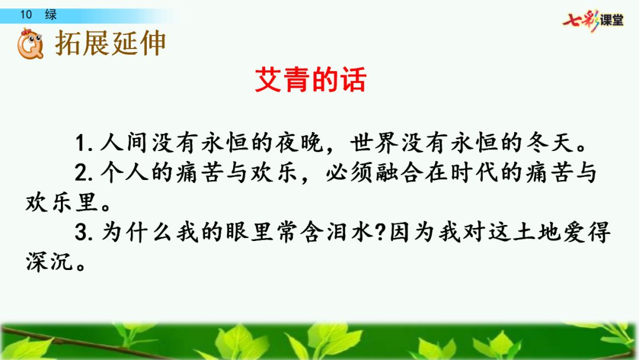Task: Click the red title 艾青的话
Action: click(311, 80)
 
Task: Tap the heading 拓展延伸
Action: click(111, 43)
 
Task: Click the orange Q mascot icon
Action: click(29, 45)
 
